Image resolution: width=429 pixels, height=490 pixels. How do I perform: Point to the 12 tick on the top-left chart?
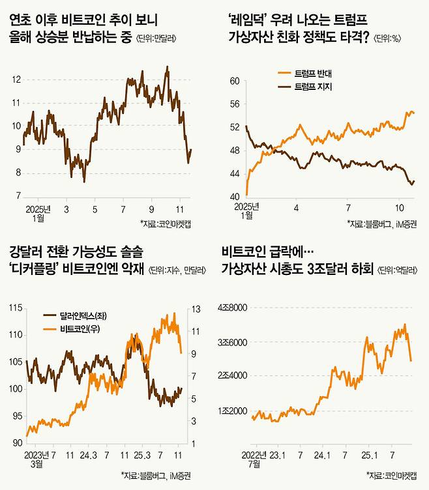[x=16, y=79]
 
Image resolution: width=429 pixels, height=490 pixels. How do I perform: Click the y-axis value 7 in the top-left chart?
[x=18, y=196]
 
